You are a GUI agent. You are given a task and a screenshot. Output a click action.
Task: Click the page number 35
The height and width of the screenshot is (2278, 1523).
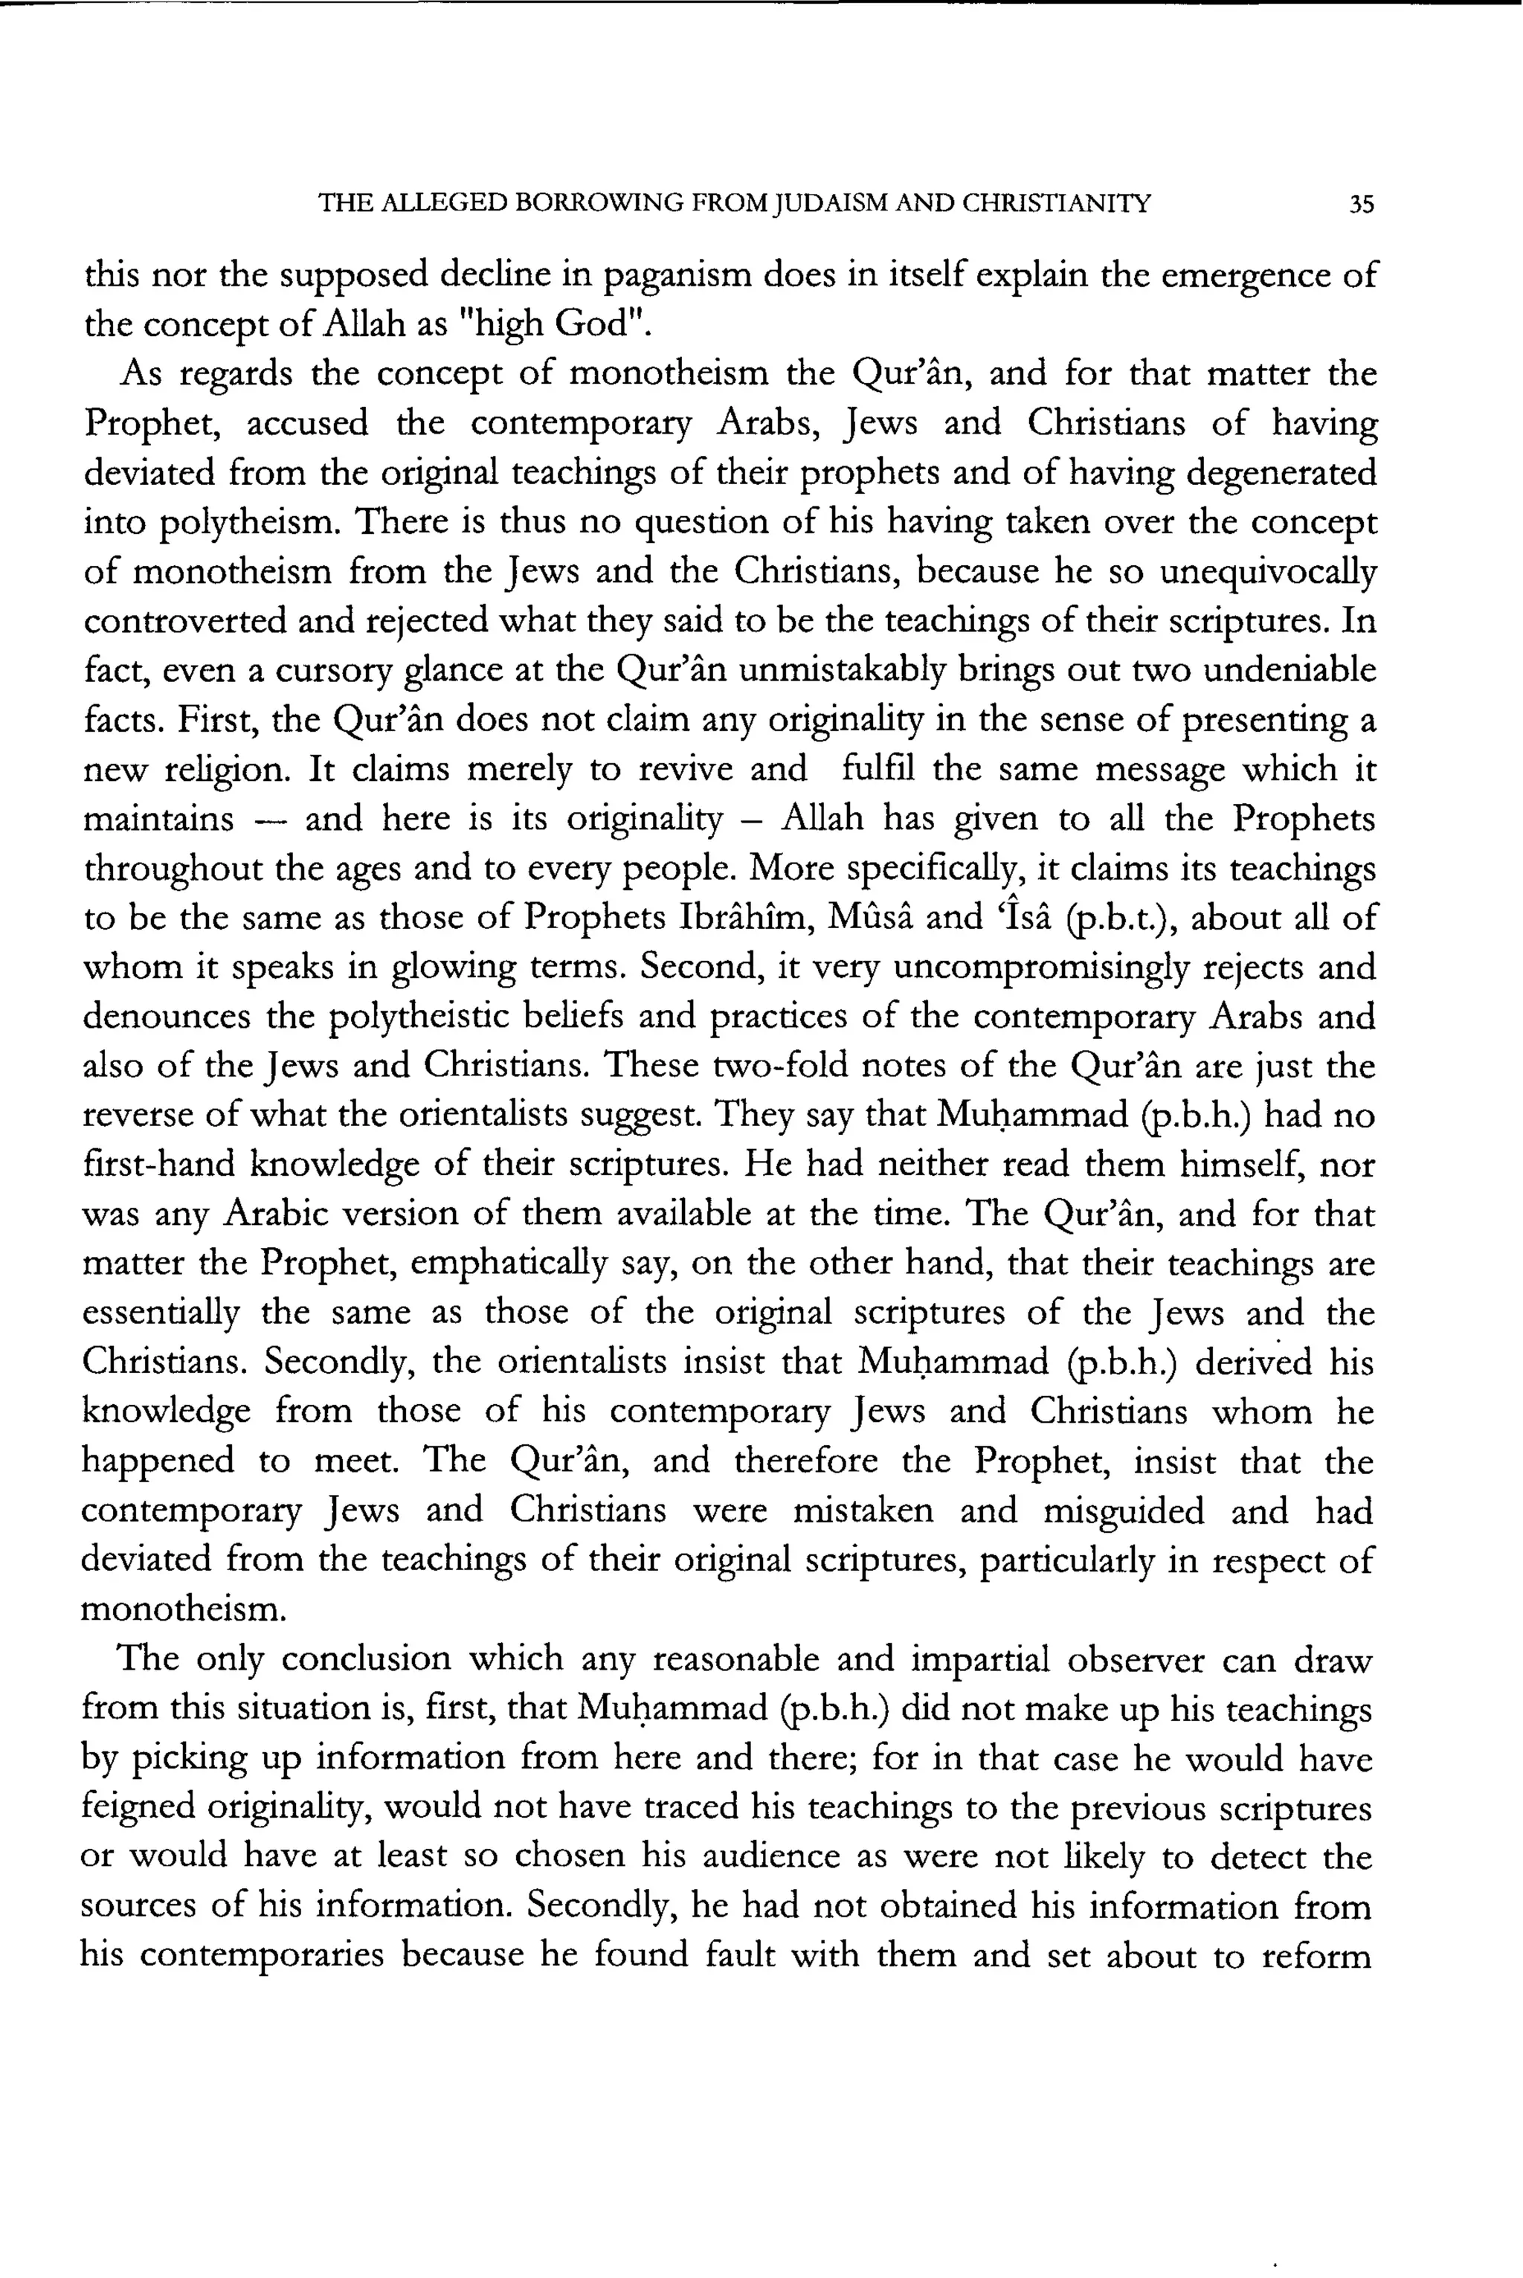click(1362, 204)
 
